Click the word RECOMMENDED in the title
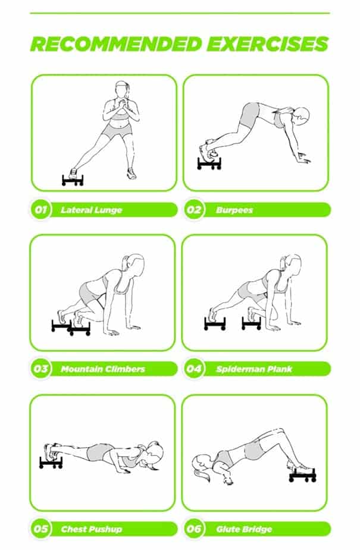[116, 44]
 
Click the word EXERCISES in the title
[268, 44]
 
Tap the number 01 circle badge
[40, 210]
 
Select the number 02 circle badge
[193, 210]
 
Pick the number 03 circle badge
[40, 369]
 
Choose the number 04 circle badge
[193, 369]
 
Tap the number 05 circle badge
[40, 529]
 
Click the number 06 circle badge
[193, 529]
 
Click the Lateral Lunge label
[92, 210]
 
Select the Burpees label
[234, 210]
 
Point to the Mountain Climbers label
[103, 369]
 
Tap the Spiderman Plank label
[254, 369]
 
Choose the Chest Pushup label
[92, 529]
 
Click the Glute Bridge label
[244, 529]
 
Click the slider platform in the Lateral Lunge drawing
[73, 180]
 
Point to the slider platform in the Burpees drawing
[209, 164]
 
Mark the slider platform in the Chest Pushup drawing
[51, 463]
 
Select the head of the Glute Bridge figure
[201, 463]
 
